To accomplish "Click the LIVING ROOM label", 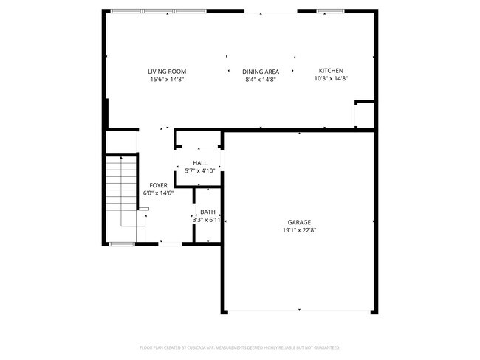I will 166,71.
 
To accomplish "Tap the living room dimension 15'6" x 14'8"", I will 166,79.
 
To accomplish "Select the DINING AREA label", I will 260,72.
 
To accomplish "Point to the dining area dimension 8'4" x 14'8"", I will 260,80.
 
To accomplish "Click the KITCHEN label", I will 330,70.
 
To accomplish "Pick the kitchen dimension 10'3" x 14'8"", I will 330,78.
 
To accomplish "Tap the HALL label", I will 199,162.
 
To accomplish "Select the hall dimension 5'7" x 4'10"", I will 199,170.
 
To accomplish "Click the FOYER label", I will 158,185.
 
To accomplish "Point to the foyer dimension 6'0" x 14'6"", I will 158,193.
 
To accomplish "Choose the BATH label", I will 208,212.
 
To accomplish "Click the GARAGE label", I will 299,221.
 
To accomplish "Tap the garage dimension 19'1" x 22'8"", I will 299,229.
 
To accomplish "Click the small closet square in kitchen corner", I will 365,114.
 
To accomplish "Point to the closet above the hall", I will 199,139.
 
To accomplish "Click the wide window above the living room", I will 158,11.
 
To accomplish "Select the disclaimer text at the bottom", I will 240,347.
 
